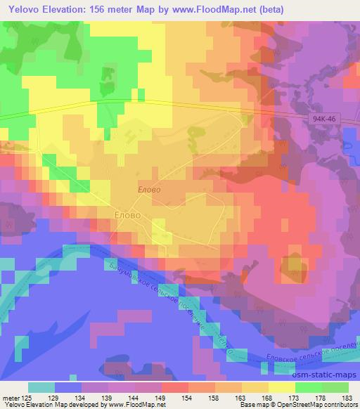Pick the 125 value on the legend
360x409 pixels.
click(27, 398)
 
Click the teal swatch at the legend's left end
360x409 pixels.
click(41, 387)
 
